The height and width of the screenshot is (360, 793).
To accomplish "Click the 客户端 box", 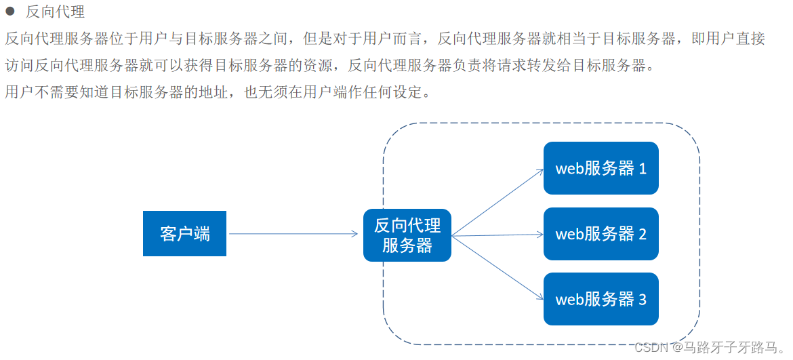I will click(184, 234).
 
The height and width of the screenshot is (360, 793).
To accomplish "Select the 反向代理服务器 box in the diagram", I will click(407, 235).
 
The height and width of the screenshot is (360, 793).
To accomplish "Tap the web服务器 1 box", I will click(601, 168).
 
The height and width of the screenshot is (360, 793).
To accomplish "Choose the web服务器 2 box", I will click(601, 234).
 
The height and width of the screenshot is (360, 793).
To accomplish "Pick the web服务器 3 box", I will click(601, 299).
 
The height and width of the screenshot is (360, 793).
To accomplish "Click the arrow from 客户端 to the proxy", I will click(291, 234).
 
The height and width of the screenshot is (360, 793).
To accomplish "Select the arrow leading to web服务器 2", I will click(498, 235).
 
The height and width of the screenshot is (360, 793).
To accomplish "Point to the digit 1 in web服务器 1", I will click(643, 168).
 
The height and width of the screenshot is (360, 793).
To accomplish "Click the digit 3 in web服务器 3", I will click(643, 299).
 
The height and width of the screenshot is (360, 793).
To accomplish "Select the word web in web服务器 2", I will click(569, 235).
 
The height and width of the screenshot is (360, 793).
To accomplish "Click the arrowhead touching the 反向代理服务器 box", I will click(354, 234).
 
